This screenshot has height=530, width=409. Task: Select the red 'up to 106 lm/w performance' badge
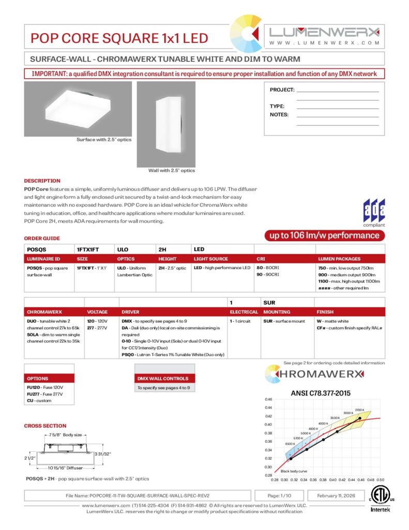pyautogui.click(x=325, y=236)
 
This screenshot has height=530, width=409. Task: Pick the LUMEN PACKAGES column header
pyautogui.click(x=339, y=259)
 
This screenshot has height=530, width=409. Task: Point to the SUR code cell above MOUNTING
pyautogui.click(x=269, y=302)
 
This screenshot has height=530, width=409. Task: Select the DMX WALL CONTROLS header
pyautogui.click(x=162, y=378)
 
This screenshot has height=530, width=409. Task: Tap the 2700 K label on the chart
pyautogui.click(x=360, y=410)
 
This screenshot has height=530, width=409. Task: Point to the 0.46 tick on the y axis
pyautogui.click(x=268, y=400)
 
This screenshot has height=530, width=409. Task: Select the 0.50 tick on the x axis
pyautogui.click(x=381, y=480)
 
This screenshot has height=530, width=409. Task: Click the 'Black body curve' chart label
pyautogui.click(x=294, y=472)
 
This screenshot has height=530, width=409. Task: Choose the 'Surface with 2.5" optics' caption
pyautogui.click(x=104, y=140)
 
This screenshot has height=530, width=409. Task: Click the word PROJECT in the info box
pyautogui.click(x=282, y=90)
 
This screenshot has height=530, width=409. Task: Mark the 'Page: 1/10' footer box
pyautogui.click(x=280, y=495)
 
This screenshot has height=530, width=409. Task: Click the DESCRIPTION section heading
pyautogui.click(x=42, y=181)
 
